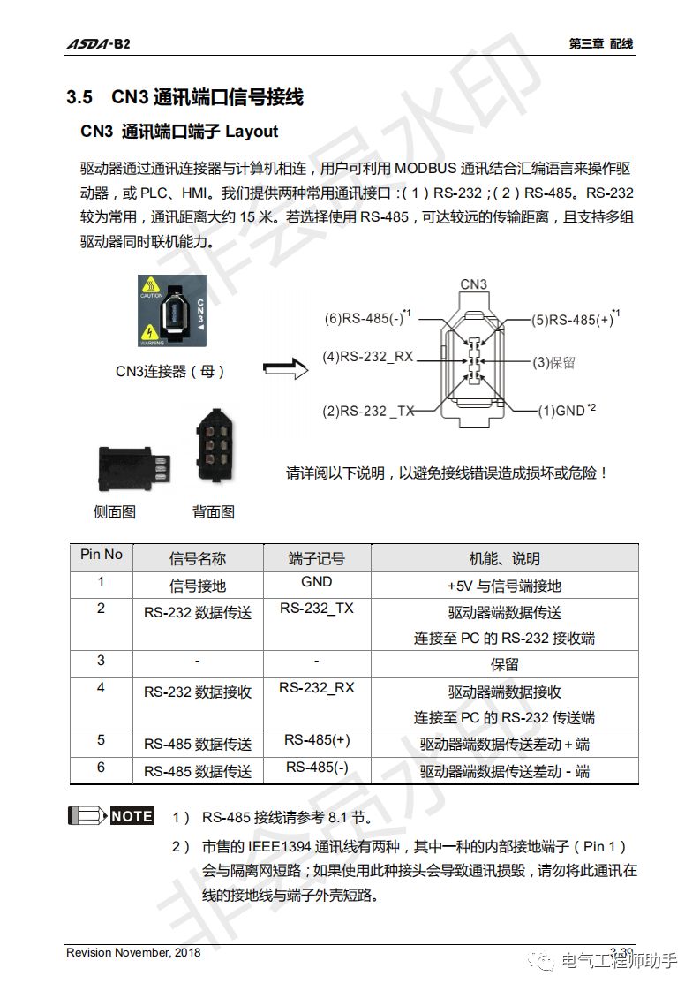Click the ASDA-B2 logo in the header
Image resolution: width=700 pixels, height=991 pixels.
[x=98, y=44]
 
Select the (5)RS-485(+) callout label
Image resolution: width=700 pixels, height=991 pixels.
[x=575, y=319]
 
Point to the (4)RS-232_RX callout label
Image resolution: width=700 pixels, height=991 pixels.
[x=368, y=358]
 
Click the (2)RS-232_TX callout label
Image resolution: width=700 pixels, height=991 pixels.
[x=368, y=411]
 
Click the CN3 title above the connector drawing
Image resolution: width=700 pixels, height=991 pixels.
[x=473, y=284]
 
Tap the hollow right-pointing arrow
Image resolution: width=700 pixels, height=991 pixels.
[x=286, y=369]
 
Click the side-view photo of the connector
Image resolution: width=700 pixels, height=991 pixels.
[x=133, y=464]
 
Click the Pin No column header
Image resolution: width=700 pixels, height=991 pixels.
[x=102, y=555]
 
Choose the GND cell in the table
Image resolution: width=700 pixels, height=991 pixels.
[x=316, y=581]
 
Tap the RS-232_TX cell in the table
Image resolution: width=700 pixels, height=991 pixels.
[x=316, y=609]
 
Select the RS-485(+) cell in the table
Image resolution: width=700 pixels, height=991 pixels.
[x=316, y=740]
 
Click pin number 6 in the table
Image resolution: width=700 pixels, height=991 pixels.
[x=101, y=767]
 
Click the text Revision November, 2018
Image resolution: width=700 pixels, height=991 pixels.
[x=133, y=952]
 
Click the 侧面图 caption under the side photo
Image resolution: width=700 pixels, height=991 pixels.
[x=115, y=511]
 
